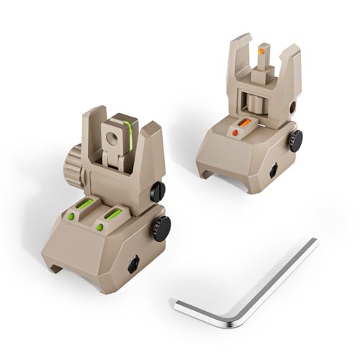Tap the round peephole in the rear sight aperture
click(113, 135)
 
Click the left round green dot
click(71, 216)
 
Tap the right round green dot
click(99, 228)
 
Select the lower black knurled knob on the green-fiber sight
click(163, 228)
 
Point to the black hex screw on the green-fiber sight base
click(134, 265)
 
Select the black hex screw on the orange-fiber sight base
click(274, 170)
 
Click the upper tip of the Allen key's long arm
click(314, 242)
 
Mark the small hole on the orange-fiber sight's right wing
click(293, 106)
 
